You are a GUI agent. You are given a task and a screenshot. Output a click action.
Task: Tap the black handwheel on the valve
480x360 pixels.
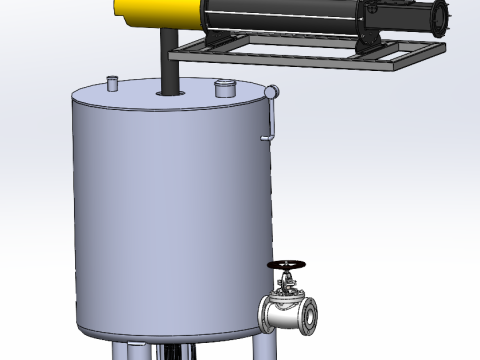(288, 265)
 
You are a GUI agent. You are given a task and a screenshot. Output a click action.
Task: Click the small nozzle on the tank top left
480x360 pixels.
(112, 82)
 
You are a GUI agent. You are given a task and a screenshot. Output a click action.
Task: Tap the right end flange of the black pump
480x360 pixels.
(439, 20)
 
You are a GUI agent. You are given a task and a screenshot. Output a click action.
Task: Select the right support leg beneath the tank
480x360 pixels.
(263, 347)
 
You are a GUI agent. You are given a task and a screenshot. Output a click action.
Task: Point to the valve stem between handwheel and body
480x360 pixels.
(288, 282)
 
